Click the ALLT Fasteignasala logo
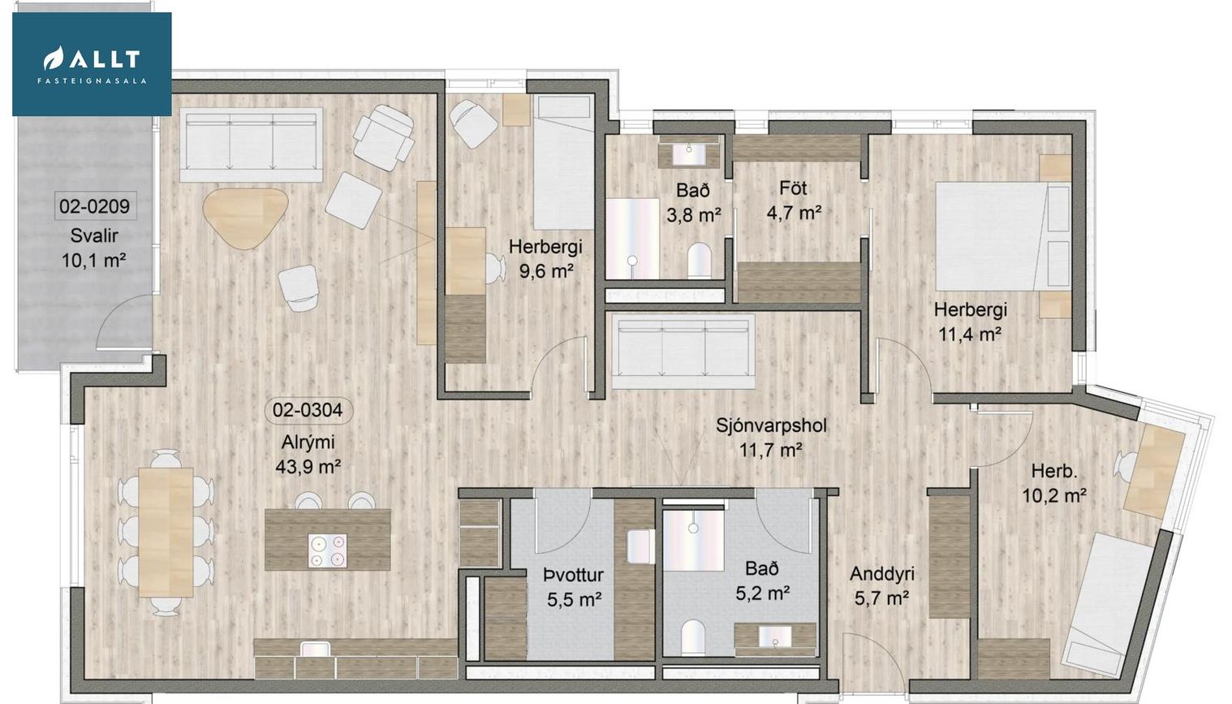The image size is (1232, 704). (92, 63)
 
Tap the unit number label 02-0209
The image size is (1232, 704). (94, 206)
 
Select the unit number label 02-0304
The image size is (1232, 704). (307, 410)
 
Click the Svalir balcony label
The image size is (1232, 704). (94, 235)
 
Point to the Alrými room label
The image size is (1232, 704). (308, 443)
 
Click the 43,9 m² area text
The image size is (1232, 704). (308, 467)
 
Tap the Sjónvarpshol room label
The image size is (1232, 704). (771, 425)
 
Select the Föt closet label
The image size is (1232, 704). (793, 188)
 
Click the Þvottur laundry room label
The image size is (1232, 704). (574, 576)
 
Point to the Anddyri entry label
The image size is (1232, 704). (881, 574)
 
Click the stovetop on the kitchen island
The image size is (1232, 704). (328, 551)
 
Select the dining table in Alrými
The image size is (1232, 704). (166, 531)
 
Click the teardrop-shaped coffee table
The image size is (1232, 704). (245, 218)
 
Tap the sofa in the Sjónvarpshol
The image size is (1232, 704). (683, 352)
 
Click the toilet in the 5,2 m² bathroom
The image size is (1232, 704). (692, 637)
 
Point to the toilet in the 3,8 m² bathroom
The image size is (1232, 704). (699, 260)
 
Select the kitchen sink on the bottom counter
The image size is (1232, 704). (316, 649)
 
